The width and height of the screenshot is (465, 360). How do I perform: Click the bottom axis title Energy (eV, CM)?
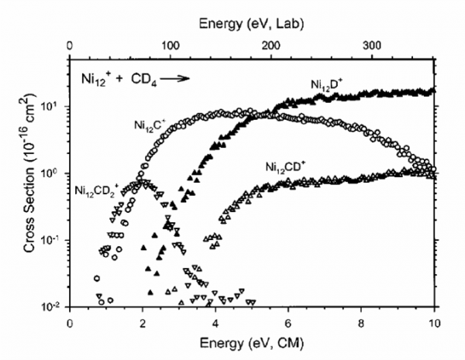point(253,339)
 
